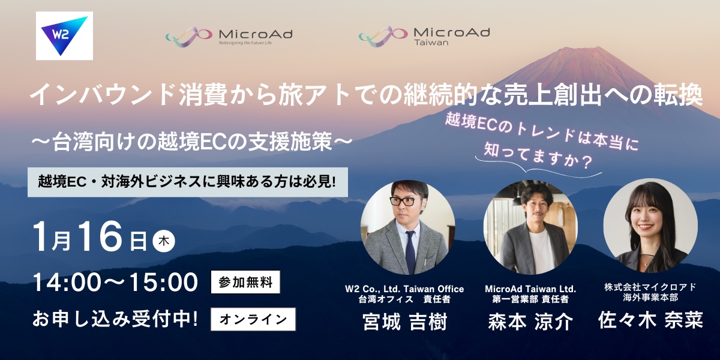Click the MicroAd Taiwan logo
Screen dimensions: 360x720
[424, 36]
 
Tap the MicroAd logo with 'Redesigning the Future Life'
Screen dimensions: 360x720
[229, 36]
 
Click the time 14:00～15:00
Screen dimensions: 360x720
[115, 282]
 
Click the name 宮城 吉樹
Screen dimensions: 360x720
[404, 323]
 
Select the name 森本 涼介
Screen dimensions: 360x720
[530, 322]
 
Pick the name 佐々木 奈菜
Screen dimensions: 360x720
[650, 320]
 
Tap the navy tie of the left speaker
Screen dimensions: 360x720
[410, 249]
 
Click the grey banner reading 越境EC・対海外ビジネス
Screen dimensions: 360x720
[188, 181]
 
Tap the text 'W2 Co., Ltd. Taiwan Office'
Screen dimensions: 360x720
[404, 289]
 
